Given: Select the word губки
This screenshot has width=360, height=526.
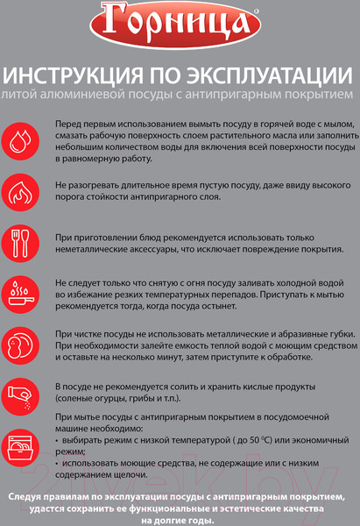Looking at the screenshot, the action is click(x=326, y=336).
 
